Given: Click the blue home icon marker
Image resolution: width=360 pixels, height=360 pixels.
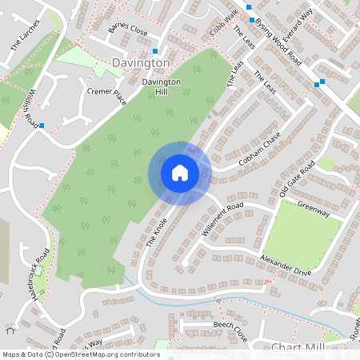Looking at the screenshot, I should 179,173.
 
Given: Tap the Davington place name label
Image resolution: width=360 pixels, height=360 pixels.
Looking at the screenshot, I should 142,62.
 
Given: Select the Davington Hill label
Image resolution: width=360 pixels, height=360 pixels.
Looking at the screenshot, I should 161,86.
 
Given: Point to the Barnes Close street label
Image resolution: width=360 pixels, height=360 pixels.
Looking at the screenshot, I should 129,32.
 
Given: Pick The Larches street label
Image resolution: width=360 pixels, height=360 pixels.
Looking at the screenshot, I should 26,35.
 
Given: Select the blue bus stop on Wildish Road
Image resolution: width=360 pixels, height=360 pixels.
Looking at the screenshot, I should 42,125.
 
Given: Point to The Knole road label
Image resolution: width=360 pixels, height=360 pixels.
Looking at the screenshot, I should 160,231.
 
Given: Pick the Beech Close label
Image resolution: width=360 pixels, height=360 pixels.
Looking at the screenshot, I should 233,326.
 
